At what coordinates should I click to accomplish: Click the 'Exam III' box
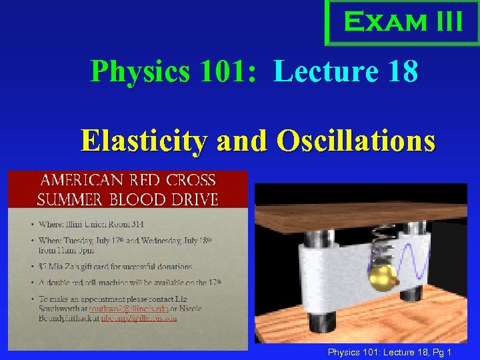[x=403, y=22]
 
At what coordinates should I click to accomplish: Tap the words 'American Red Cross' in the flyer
[x=128, y=180]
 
